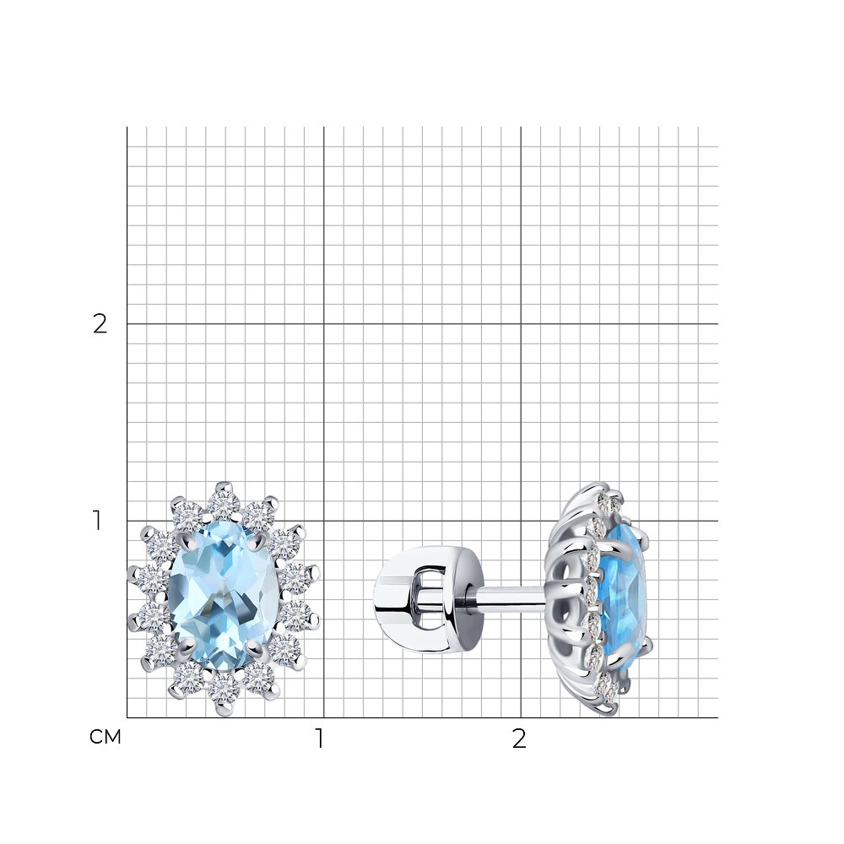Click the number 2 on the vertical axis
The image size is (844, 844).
[x=100, y=324]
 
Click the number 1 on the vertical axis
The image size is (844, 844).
[x=97, y=521]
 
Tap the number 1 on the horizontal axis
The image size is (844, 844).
[x=320, y=739]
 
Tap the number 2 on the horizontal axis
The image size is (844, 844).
[x=519, y=739]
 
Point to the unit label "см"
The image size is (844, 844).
[x=105, y=737]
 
